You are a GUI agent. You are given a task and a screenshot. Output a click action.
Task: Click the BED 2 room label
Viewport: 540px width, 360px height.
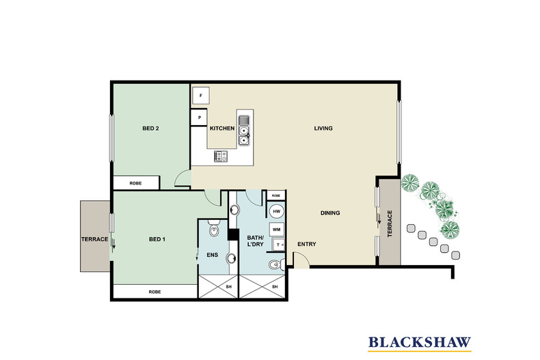pos(151,128)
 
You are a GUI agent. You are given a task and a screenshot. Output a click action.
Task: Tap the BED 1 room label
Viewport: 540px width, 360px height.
pos(157,239)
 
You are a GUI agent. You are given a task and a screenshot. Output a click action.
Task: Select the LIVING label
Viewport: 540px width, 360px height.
pos(323,128)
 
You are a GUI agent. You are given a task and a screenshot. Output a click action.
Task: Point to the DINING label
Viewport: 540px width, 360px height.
pos(330,213)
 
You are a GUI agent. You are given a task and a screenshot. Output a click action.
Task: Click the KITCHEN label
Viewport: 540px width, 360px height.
pos(222,128)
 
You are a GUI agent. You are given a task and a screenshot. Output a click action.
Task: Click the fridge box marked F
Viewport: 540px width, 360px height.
pos(201,96)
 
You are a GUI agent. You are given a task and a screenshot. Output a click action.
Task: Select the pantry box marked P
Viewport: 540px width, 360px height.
pos(200,117)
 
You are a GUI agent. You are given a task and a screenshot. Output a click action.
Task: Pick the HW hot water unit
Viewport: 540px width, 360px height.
pos(277,212)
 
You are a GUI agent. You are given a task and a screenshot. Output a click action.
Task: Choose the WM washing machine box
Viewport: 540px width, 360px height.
pos(277,230)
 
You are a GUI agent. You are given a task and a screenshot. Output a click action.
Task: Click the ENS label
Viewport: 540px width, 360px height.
pos(212,255)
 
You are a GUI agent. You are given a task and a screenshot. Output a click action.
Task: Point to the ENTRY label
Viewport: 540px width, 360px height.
pos(306,244)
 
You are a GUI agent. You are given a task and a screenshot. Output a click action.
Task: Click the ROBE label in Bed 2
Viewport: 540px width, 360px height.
pos(137,182)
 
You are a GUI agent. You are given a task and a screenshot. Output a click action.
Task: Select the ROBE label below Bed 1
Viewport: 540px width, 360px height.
pos(154,292)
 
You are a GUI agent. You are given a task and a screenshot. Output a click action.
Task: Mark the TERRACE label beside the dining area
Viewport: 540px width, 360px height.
pos(390,222)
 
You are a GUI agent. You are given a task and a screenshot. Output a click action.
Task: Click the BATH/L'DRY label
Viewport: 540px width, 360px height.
pos(256,240)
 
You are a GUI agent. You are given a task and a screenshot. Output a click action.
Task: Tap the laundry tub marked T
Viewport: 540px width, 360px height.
pos(277,245)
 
